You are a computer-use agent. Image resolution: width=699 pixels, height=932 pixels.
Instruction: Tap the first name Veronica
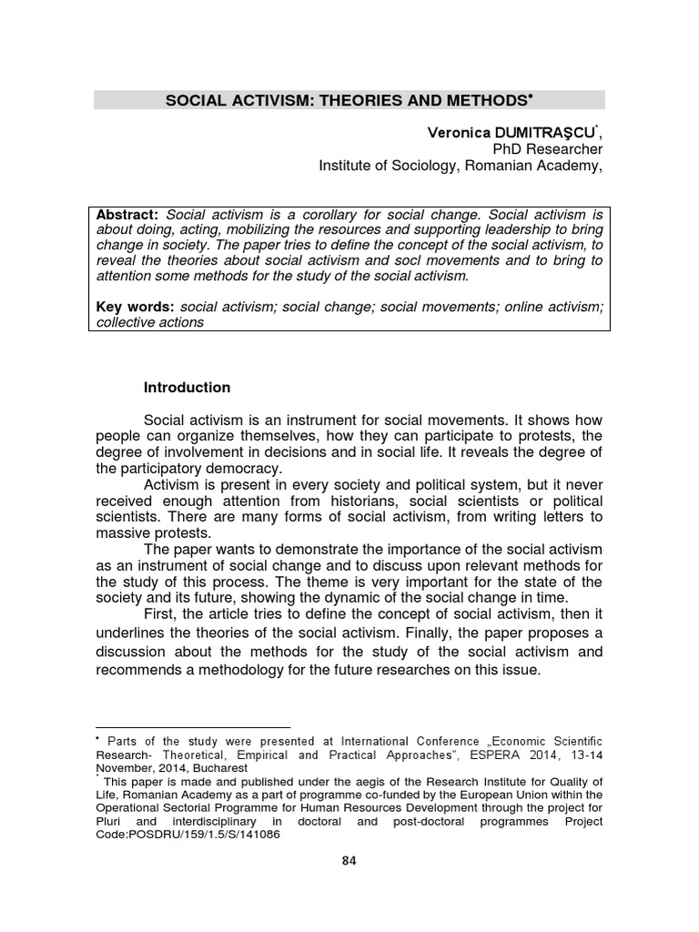[459, 133]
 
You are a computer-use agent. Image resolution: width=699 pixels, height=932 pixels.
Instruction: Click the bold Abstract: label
[128, 214]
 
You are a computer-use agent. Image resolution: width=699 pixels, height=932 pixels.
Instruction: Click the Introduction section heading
[187, 388]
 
